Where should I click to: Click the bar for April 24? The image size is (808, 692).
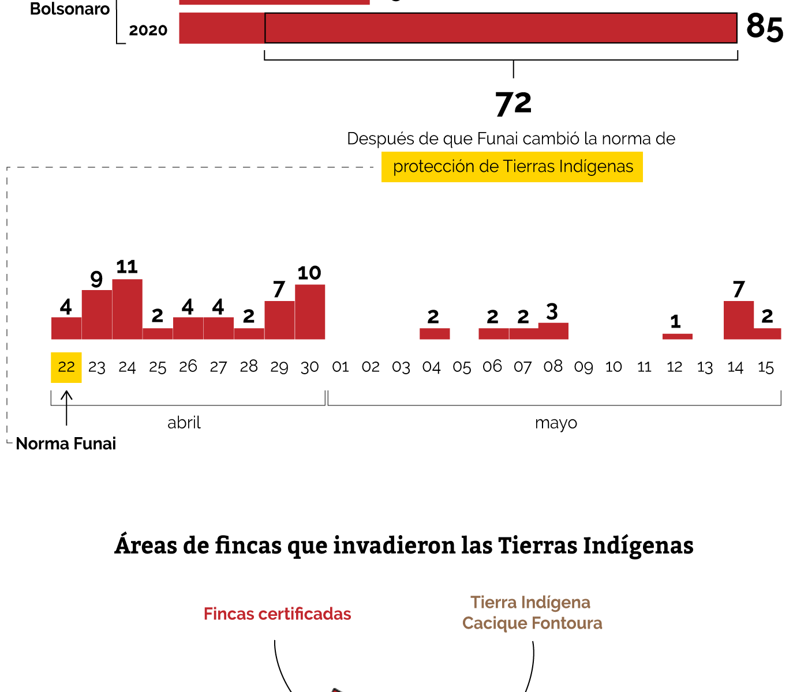[x=127, y=309]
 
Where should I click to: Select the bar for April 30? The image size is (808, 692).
[x=310, y=312]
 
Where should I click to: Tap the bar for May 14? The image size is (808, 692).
[x=738, y=320]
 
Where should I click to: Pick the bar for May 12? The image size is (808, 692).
[x=677, y=336]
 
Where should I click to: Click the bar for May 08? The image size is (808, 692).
[x=553, y=331]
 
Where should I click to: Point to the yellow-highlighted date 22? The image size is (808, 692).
[x=66, y=367]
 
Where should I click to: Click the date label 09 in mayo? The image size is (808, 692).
[x=583, y=367]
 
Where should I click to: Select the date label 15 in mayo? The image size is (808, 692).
[x=765, y=367]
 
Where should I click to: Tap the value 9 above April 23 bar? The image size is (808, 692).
[x=96, y=279]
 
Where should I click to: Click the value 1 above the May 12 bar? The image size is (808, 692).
[x=675, y=322]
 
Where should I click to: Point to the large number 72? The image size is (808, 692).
[x=513, y=104]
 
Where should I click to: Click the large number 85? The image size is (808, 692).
[x=764, y=27]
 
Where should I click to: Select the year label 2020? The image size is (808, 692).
[x=148, y=31]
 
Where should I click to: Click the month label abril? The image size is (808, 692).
[x=184, y=423]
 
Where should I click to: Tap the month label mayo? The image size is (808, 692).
[x=556, y=423]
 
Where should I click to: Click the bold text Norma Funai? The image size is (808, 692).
[x=66, y=443]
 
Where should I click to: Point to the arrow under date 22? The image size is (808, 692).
[x=66, y=407]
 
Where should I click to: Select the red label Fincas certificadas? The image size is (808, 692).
[x=277, y=614]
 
